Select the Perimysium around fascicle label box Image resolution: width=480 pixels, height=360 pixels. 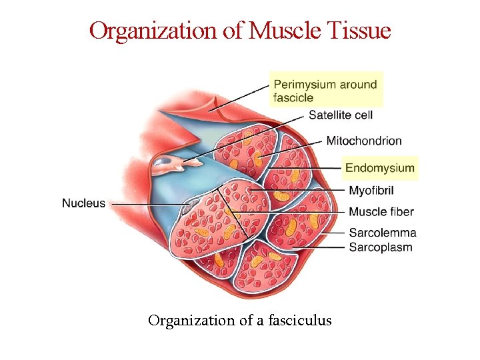click(x=326, y=90)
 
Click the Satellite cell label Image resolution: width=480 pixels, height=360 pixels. click(x=340, y=115)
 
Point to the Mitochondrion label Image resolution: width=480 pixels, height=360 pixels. click(x=364, y=141)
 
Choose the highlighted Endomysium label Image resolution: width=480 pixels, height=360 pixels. click(x=380, y=168)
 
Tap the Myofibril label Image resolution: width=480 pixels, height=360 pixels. click(x=371, y=191)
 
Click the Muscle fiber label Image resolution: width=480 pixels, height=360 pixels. click(x=381, y=211)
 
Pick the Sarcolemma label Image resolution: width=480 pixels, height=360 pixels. click(x=383, y=233)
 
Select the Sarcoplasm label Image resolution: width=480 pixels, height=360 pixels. click(x=380, y=247)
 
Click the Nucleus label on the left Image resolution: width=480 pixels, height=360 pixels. click(x=83, y=203)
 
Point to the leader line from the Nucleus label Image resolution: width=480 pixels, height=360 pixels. click(x=147, y=203)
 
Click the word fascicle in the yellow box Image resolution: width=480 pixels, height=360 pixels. click(x=293, y=97)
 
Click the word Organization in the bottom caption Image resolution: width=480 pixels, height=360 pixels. click(x=191, y=321)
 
